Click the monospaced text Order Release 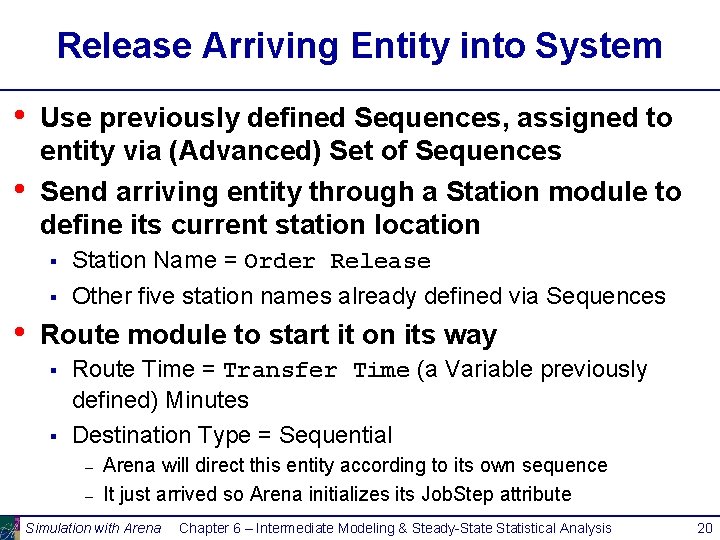click(337, 262)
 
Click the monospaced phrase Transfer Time click(316, 370)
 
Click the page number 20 click(704, 527)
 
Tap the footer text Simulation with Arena click(93, 528)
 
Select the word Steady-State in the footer click(471, 528)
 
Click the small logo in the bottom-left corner click(9, 527)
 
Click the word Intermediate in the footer click(301, 528)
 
